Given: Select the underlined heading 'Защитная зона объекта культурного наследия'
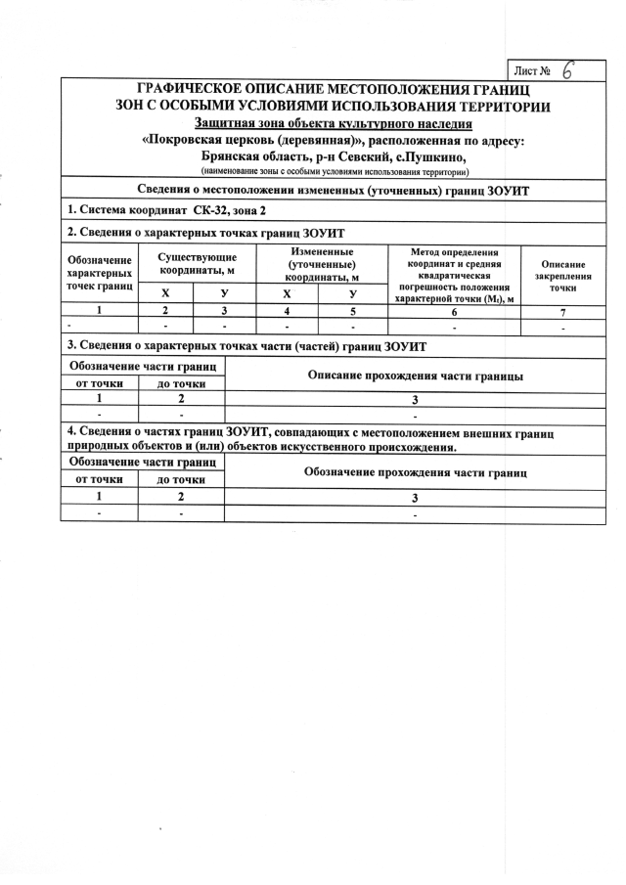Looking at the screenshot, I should point(334,123).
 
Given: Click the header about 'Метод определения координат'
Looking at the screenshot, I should point(455,275).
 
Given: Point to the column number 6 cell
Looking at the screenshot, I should point(455,311).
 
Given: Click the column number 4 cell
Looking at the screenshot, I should point(286,311).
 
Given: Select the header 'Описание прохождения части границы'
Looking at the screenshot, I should point(415,376).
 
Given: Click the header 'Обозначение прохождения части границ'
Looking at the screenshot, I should point(416,472).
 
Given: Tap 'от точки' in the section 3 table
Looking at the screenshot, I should point(99,383).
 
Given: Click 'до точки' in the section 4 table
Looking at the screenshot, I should point(181,480).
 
